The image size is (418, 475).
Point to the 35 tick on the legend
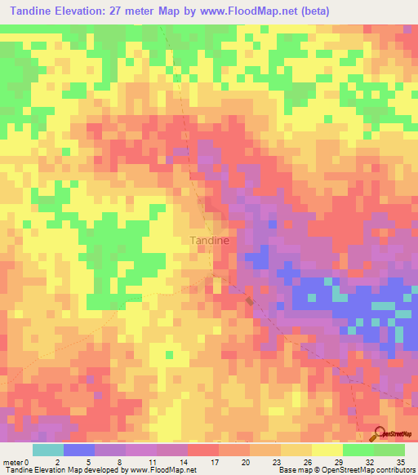pyautogui.click(x=399, y=462)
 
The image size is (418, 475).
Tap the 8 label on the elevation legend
pyautogui.click(x=120, y=462)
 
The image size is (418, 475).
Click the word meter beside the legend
pyautogui.click(x=13, y=462)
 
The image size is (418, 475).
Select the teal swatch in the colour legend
pyautogui.click(x=47, y=450)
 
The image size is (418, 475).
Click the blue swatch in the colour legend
pyautogui.click(x=78, y=450)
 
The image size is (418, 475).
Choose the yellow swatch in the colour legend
pyautogui.click(x=327, y=450)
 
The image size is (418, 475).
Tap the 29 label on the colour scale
pyautogui.click(x=337, y=462)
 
